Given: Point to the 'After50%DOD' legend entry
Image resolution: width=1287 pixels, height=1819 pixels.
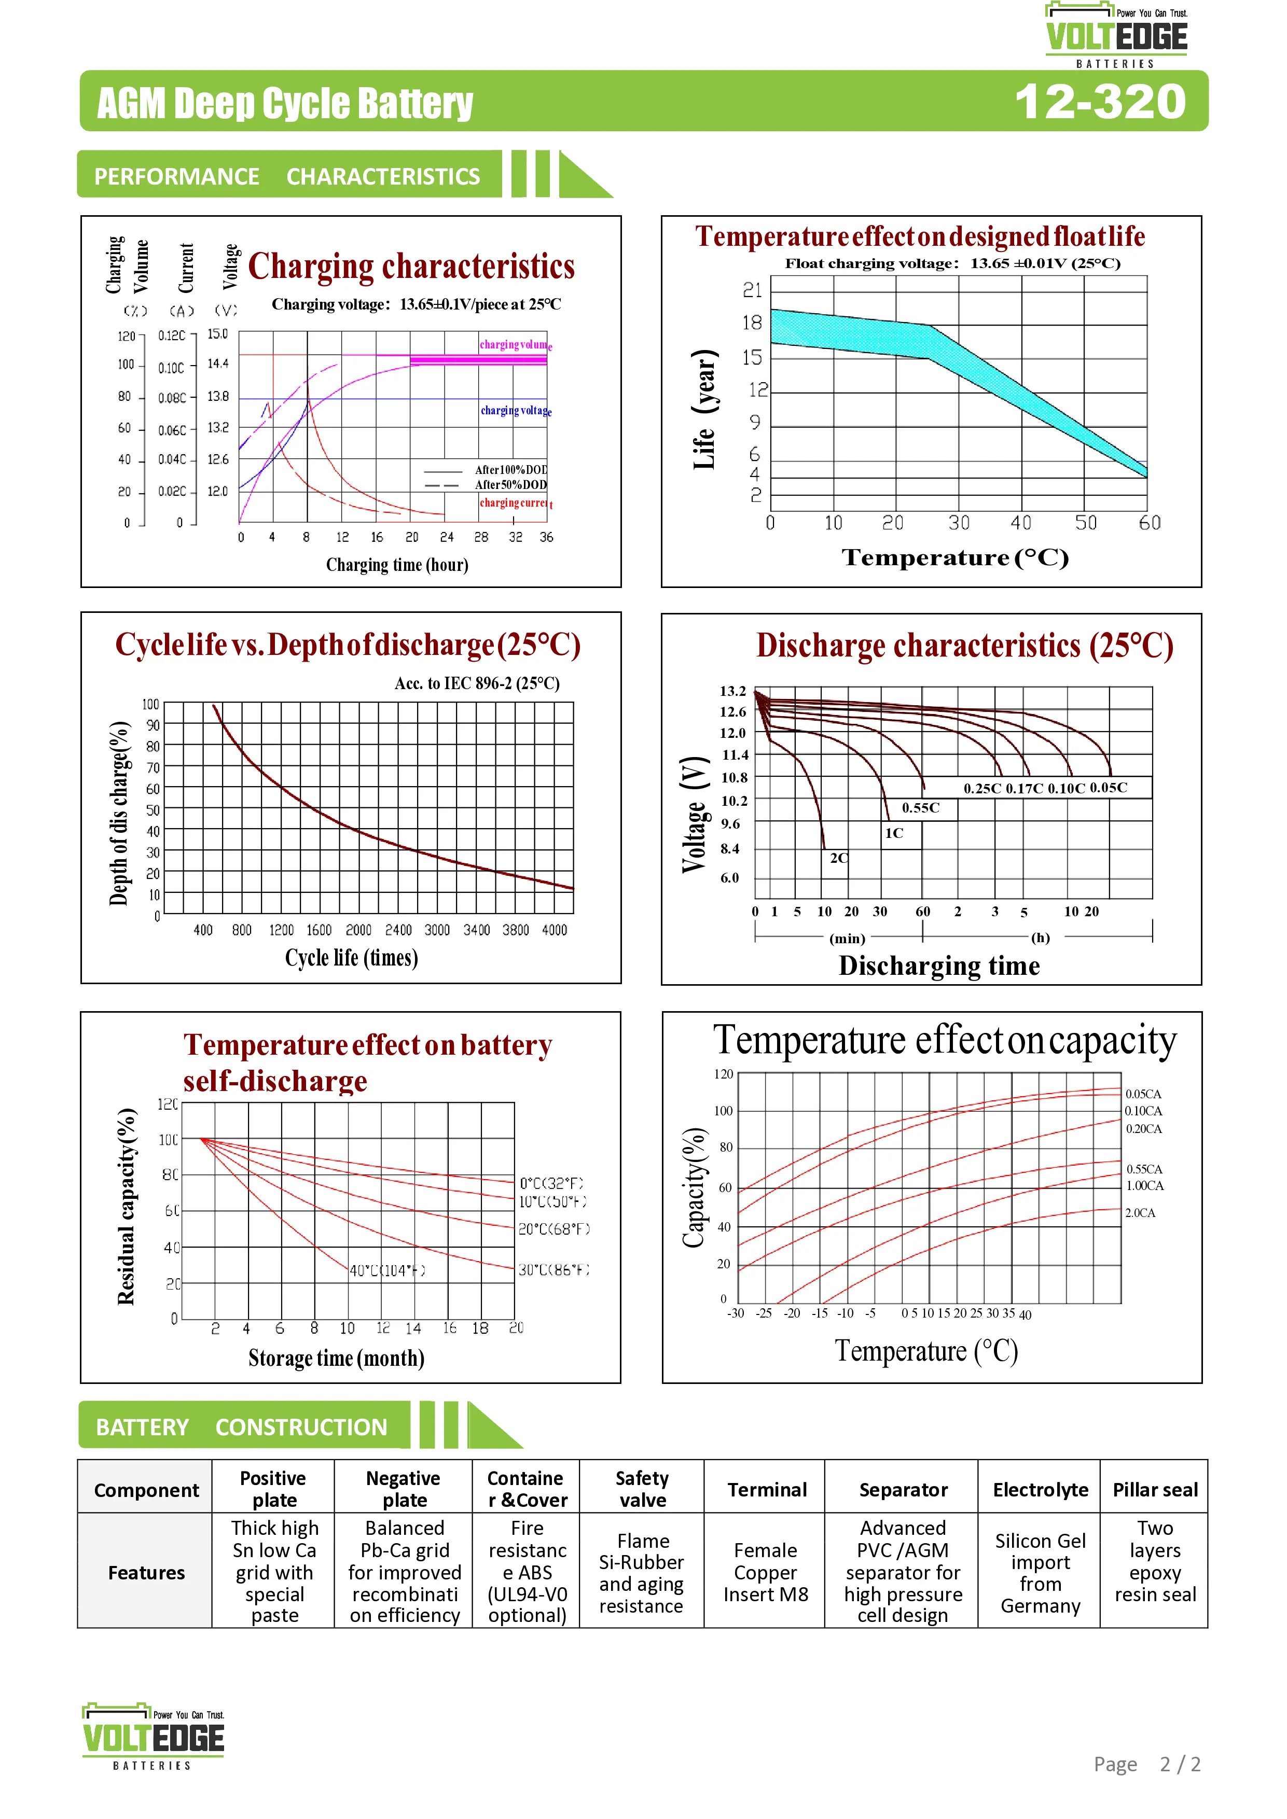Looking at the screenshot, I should pos(510,485).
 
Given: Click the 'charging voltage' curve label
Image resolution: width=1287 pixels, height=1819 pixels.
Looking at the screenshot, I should pos(515,410).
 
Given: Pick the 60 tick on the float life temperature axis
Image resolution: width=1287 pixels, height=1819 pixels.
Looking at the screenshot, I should pos(1149,523).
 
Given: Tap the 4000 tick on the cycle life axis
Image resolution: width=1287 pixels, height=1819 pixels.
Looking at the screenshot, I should pos(554,930).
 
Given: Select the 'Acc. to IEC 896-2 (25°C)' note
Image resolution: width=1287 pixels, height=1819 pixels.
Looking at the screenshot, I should pos(477,684).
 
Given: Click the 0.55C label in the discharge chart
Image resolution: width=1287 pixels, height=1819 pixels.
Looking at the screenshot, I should pos(920,808).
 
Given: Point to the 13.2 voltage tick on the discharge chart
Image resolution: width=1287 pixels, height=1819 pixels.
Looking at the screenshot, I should pos(733,691).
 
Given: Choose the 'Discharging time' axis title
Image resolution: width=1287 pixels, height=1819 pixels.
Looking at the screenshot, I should pos(939,966).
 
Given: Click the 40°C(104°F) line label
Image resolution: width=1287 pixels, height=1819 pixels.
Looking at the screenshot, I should pos(387,1271).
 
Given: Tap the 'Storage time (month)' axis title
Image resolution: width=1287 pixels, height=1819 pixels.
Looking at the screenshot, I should pos(336,1358).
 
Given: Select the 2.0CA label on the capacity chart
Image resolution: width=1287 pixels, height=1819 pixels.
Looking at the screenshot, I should pos(1140,1213).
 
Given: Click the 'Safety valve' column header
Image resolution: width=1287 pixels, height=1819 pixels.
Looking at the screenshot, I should pos(642,1489).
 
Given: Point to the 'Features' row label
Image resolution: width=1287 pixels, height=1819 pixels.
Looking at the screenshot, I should pos(146,1573).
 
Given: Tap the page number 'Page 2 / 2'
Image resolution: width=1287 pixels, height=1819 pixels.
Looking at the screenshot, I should pos(1147,1765).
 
